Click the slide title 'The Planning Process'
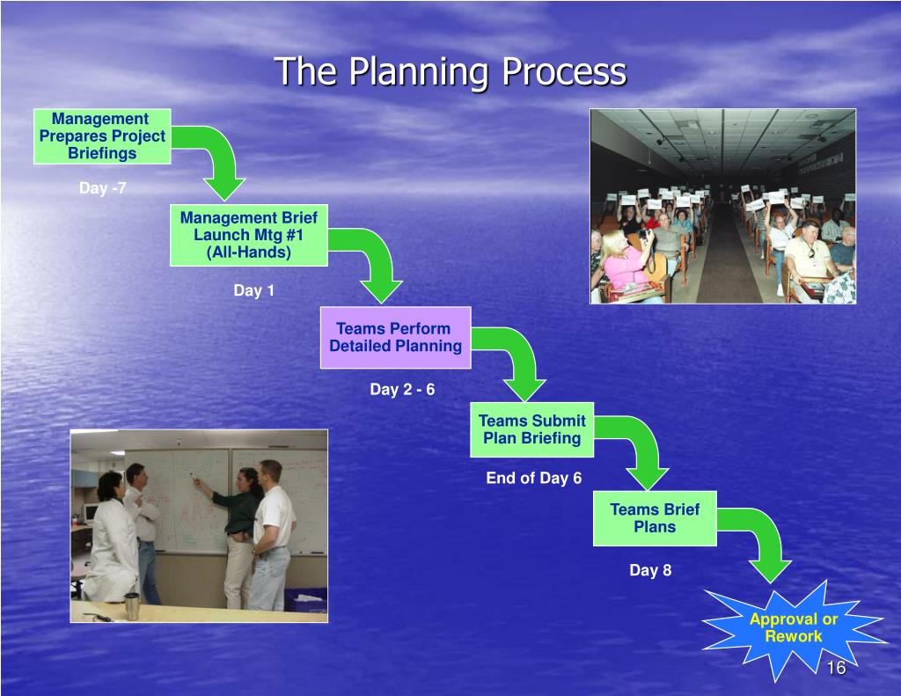pyautogui.click(x=450, y=71)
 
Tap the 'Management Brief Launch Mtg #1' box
pyautogui.click(x=249, y=235)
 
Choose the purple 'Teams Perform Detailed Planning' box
pyautogui.click(x=395, y=337)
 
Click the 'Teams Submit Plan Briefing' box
pyautogui.click(x=531, y=429)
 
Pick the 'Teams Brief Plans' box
pyautogui.click(x=655, y=518)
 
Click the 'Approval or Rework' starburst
pyautogui.click(x=793, y=627)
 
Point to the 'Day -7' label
pyautogui.click(x=103, y=188)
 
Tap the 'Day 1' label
pyautogui.click(x=253, y=290)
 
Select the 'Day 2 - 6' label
pyautogui.click(x=402, y=389)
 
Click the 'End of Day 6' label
pyautogui.click(x=534, y=478)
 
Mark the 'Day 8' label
pyautogui.click(x=650, y=570)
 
